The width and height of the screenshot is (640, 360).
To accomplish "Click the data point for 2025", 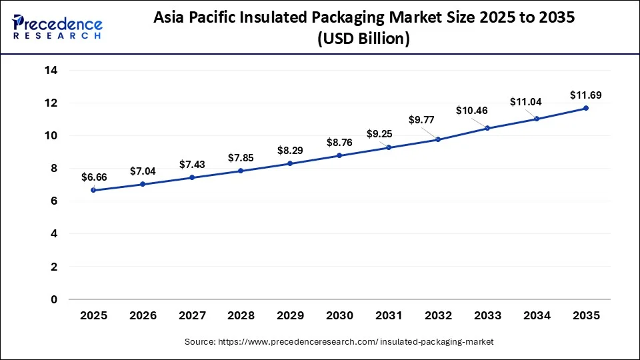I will (93, 190).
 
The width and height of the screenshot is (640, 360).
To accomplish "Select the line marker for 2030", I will (339, 155).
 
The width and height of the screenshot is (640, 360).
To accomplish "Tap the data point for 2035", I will (586, 108).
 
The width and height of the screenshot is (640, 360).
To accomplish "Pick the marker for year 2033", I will (487, 128).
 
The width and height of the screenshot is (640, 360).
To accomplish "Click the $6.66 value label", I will (93, 177).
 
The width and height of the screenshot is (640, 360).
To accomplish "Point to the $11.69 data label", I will (586, 95).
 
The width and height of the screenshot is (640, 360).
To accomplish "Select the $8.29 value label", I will (290, 150).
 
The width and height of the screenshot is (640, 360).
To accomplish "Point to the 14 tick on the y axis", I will (51, 70).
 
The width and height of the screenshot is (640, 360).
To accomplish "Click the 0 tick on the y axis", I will (54, 299).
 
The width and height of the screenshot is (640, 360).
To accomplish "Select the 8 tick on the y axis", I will (54, 169).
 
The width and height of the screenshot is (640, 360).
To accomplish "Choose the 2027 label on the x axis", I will (192, 315).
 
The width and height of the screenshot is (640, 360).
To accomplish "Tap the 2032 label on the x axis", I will (438, 315).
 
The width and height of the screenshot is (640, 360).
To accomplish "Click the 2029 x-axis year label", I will (290, 315).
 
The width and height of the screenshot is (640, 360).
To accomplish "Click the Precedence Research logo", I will (57, 27).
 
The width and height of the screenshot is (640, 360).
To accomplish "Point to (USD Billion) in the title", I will (364, 39).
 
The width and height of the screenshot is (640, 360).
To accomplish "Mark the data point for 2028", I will (241, 171).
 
